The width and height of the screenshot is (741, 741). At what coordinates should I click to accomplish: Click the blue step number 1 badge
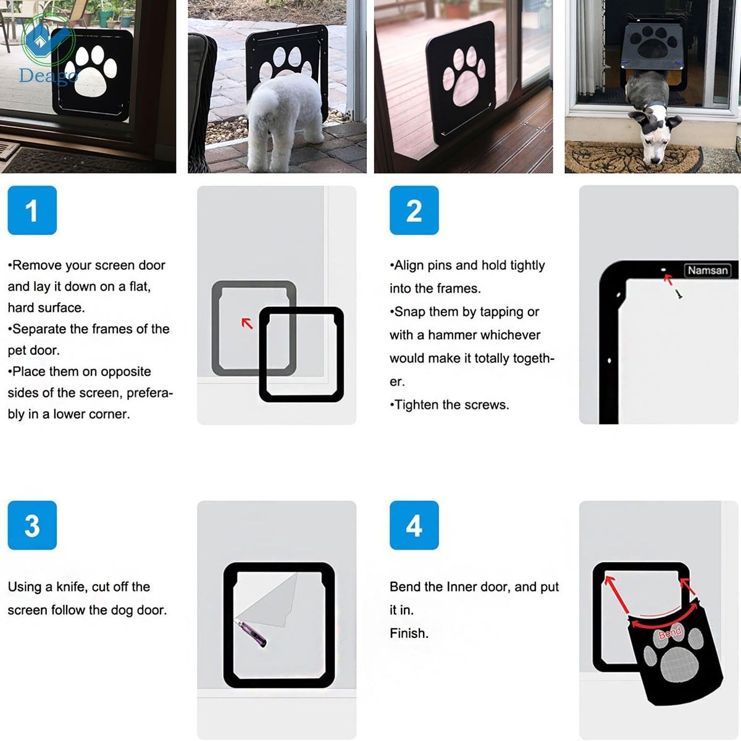(32, 210)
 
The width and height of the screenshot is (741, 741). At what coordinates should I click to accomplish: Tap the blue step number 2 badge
(414, 210)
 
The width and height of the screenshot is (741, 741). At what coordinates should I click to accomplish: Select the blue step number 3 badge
(32, 525)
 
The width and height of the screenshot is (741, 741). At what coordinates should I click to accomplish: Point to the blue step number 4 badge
(414, 525)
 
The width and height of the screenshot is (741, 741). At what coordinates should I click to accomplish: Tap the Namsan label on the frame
(708, 270)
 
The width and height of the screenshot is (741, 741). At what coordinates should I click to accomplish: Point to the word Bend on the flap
(670, 632)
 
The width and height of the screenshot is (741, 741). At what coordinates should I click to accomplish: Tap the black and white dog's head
(656, 133)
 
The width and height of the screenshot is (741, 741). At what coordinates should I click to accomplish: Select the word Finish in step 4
(408, 633)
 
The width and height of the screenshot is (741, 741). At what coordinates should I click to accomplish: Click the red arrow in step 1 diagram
(247, 322)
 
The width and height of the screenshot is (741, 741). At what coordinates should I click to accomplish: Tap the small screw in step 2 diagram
(679, 295)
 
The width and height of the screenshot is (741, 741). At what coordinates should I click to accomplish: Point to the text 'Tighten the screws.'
(450, 404)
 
